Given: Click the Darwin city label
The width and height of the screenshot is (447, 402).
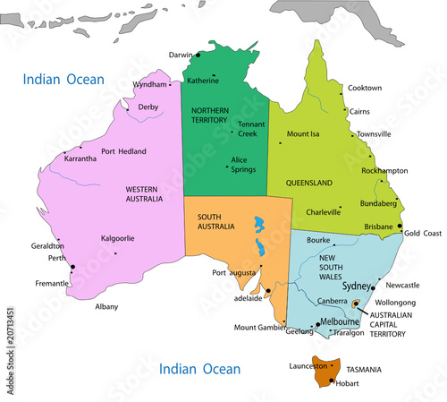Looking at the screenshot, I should (x=181, y=54).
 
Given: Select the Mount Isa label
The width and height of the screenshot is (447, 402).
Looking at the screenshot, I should (x=303, y=134).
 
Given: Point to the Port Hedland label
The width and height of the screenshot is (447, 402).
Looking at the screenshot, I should (x=124, y=151).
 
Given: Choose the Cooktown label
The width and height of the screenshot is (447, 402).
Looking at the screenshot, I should (x=365, y=88).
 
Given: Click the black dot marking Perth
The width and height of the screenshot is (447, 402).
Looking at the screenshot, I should (x=72, y=267).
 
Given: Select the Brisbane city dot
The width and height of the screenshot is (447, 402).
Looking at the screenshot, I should (x=400, y=227).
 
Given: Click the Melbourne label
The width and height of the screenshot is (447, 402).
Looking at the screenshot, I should (x=341, y=321).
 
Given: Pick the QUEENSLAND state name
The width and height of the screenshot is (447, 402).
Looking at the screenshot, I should (x=309, y=183).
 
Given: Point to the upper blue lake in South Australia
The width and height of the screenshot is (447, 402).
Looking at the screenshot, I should (x=258, y=224).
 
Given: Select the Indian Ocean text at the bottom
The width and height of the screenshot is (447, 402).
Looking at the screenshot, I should (x=199, y=368).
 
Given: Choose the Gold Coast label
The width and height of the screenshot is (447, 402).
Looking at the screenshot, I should (x=423, y=233).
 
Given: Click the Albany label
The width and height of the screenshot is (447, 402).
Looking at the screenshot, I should (x=106, y=306).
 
